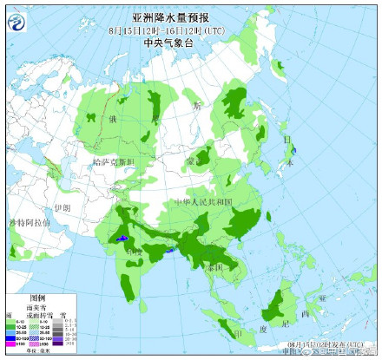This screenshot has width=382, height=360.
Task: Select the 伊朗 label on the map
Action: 61,209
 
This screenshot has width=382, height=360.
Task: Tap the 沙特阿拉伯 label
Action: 28,224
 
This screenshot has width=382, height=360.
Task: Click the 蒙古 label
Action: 192,161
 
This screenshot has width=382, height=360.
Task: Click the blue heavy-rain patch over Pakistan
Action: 122,237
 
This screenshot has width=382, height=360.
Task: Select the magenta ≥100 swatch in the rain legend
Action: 12,344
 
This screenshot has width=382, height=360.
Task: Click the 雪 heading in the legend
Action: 62,313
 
